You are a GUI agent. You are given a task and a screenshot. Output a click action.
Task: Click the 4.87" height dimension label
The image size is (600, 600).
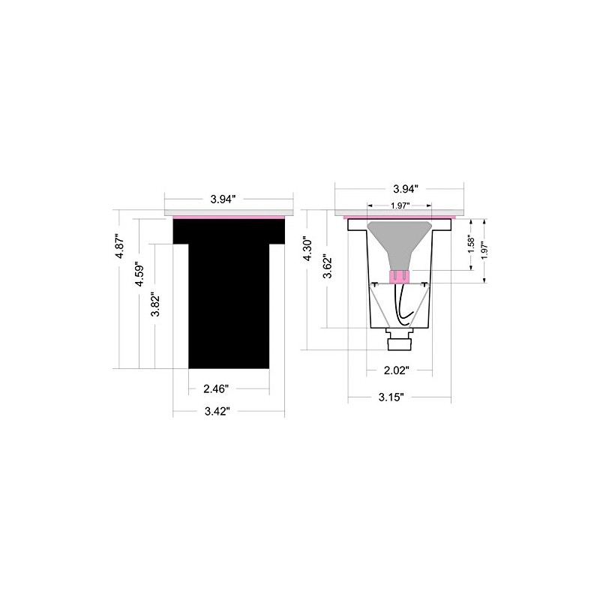[120, 247]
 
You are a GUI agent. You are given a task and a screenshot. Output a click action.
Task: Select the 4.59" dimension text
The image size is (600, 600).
[139, 274]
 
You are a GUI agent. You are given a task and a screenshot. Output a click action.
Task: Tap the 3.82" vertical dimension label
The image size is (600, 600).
[155, 304]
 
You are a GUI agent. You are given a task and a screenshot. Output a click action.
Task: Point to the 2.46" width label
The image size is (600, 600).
[216, 389]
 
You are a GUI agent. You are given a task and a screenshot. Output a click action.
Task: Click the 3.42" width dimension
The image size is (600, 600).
[217, 411]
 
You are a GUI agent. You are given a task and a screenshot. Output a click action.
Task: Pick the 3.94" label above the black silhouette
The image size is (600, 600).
[223, 199]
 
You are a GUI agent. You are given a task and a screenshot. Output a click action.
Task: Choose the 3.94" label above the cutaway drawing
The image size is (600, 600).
[405, 189]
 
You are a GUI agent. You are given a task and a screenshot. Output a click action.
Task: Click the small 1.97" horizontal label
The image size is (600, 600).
[400, 205]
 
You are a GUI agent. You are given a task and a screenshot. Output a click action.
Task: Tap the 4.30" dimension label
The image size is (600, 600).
[307, 250]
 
